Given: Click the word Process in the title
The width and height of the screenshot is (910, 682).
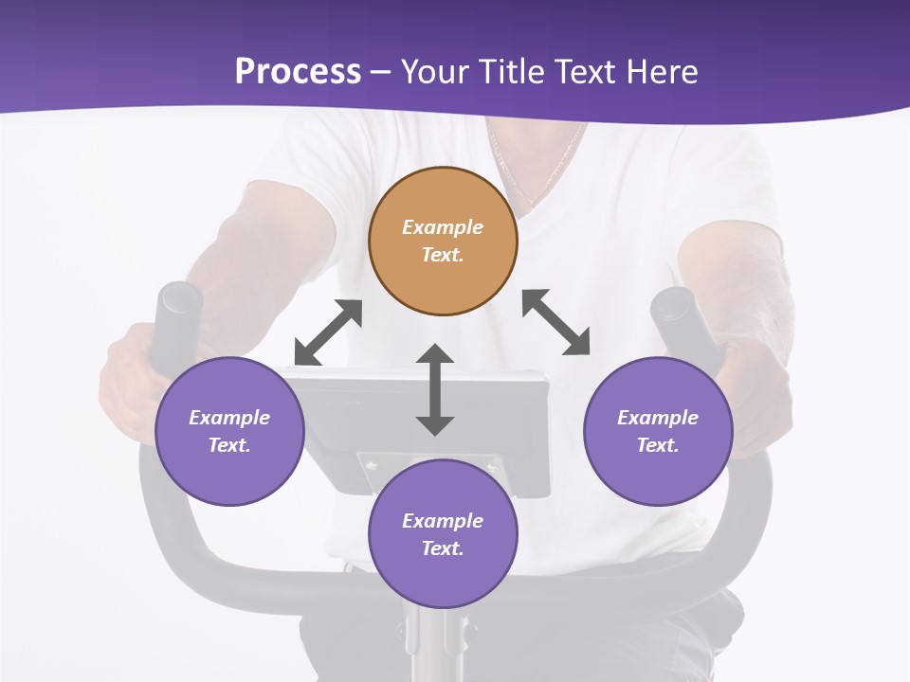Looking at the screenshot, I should click(298, 72).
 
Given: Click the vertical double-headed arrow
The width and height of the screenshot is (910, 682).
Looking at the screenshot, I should click(435, 389).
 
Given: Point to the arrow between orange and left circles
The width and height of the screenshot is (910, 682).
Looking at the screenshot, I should click(328, 332).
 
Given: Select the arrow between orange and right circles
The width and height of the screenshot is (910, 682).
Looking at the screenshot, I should click(555, 322).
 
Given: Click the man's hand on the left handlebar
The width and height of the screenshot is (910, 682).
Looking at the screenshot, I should click(128, 379).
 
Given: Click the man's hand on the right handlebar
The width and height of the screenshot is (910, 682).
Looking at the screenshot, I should click(758, 398).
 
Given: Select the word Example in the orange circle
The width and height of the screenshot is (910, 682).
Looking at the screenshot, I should click(443, 227).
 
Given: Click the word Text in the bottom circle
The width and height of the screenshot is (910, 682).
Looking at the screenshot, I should click(443, 548).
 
